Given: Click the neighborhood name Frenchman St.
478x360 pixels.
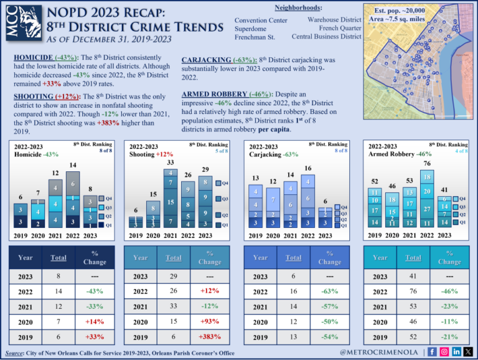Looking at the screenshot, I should pyautogui.click(x=255, y=37).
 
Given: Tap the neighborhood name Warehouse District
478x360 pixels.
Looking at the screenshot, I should pyautogui.click(x=334, y=20).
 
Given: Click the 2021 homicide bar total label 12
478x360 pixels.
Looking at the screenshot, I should pyautogui.click(x=55, y=173).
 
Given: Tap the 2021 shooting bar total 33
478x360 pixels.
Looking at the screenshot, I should pyautogui.click(x=171, y=163).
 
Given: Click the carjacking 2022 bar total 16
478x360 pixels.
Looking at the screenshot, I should pyautogui.click(x=307, y=168).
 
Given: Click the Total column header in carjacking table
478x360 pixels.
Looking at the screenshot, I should pyautogui.click(x=293, y=257).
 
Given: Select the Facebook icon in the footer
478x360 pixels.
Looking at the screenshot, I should pyautogui.click(x=432, y=352).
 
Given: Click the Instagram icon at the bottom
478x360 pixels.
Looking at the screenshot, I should pyautogui.click(x=444, y=352).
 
